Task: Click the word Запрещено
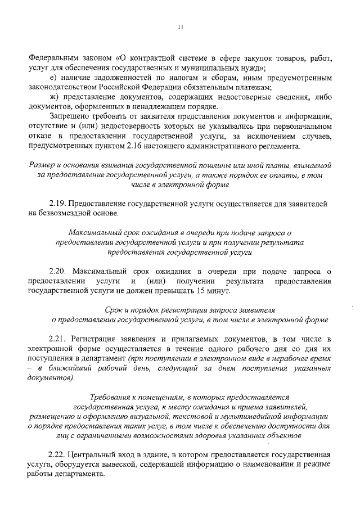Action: pyautogui.click(x=70, y=117)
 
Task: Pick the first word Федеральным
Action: pyautogui.click(x=54, y=58)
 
